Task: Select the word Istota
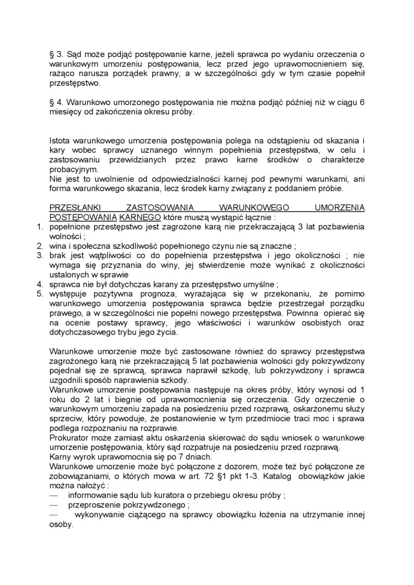(x=60, y=141)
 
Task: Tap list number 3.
(x=39, y=255)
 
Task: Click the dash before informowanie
(x=53, y=495)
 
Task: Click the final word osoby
(x=60, y=525)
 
